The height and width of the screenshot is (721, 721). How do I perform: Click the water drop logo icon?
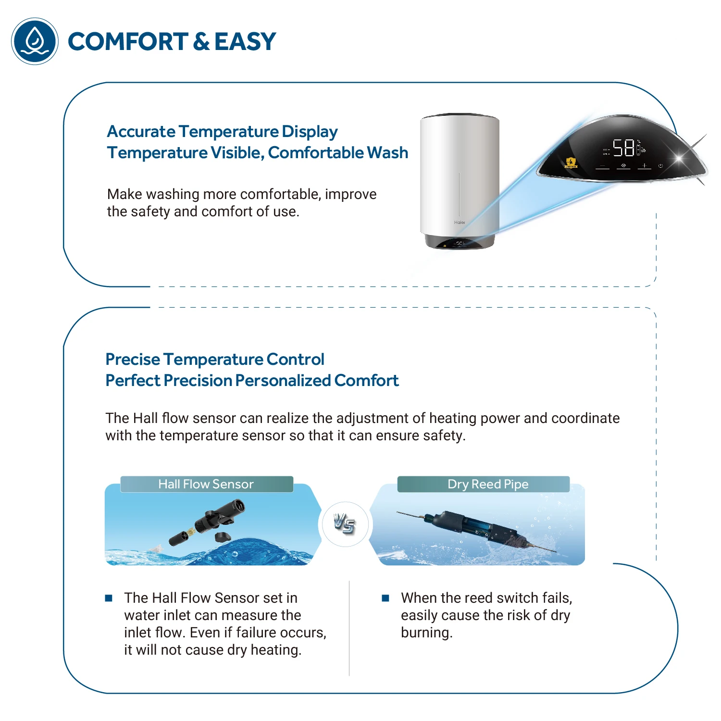coord(35,41)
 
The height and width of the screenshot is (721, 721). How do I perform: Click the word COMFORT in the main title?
coord(128,42)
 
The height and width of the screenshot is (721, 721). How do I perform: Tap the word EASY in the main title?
coord(245,42)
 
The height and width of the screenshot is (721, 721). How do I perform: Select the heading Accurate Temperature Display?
coord(222,131)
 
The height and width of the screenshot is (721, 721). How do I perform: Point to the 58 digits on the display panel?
coord(623,148)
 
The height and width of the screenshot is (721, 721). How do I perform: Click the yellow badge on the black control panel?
coord(571,162)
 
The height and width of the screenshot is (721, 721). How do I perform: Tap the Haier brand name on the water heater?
coord(460,223)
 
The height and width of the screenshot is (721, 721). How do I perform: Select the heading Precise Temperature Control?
coord(215,359)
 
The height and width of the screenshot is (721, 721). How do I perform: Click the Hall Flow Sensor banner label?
coord(206,484)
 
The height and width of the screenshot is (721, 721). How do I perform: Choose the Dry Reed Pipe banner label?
coord(488,484)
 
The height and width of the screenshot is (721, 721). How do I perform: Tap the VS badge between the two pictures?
coord(345,523)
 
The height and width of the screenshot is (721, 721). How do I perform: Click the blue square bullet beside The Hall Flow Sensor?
coord(109,598)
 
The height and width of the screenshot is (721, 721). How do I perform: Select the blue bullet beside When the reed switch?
coord(385,598)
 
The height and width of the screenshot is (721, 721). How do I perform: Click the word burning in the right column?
coord(426,633)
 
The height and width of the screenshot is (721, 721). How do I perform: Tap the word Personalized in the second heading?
coord(283,381)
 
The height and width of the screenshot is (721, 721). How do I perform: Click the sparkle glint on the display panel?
coord(679,157)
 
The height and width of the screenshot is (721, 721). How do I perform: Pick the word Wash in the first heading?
coord(387,153)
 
